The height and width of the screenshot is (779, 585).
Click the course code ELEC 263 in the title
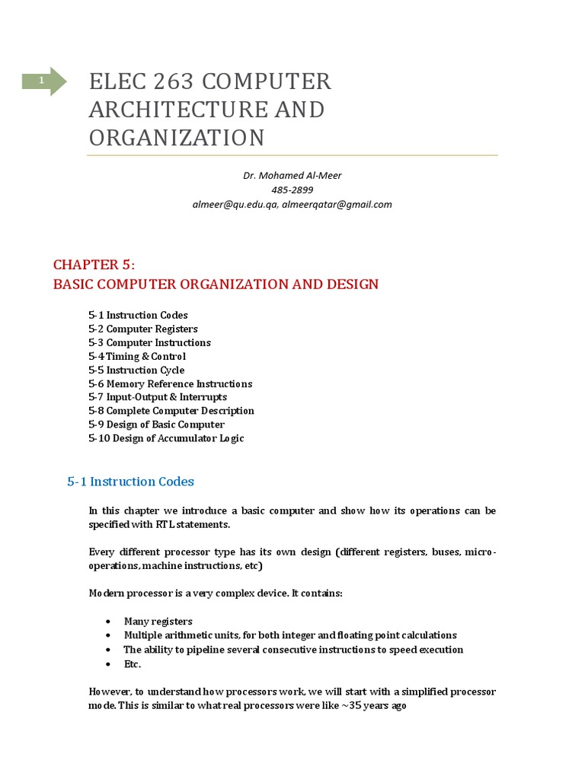point(134,81)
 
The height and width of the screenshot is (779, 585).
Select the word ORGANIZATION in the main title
point(177,138)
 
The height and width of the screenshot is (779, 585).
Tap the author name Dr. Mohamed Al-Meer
point(292,176)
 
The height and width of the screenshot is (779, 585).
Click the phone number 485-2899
point(292,190)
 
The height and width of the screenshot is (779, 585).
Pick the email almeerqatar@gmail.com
point(337,205)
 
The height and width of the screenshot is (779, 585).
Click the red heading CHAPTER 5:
point(94,265)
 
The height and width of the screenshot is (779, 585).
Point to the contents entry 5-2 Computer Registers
point(143,329)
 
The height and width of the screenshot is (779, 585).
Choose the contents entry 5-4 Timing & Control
point(137,357)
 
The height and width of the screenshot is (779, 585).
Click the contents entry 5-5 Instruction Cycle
point(136,370)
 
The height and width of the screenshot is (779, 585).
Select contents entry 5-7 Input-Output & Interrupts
point(158,397)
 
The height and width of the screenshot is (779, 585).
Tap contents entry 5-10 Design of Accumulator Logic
point(166,438)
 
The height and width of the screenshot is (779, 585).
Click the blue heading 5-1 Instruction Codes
point(130,482)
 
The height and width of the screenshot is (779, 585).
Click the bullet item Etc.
point(133,664)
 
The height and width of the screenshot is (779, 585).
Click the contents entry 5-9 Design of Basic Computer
point(156,424)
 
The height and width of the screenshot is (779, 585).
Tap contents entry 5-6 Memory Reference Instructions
point(170,384)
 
